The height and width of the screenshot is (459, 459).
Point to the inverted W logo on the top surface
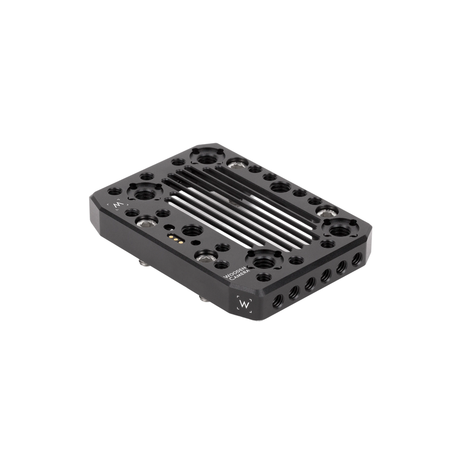pos(117,205)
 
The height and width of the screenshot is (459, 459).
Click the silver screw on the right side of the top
pos(328,211)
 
